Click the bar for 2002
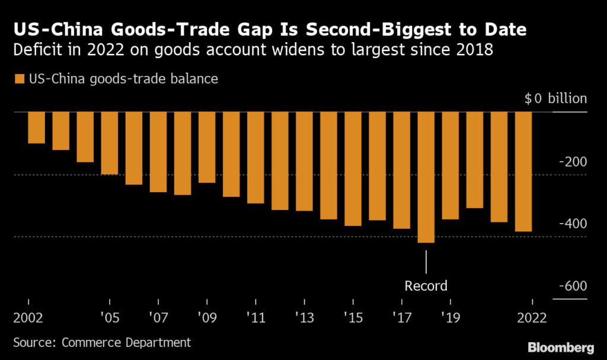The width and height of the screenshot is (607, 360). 36,128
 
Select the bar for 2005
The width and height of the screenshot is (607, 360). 110,143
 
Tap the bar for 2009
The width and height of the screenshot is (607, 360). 207,147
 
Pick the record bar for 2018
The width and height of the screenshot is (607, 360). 426,177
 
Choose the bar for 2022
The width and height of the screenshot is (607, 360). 523,171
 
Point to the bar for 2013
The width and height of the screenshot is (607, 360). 304,161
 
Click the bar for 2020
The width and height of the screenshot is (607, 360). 475,160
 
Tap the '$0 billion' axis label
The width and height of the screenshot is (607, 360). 555,98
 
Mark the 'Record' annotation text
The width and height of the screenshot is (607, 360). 426,286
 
